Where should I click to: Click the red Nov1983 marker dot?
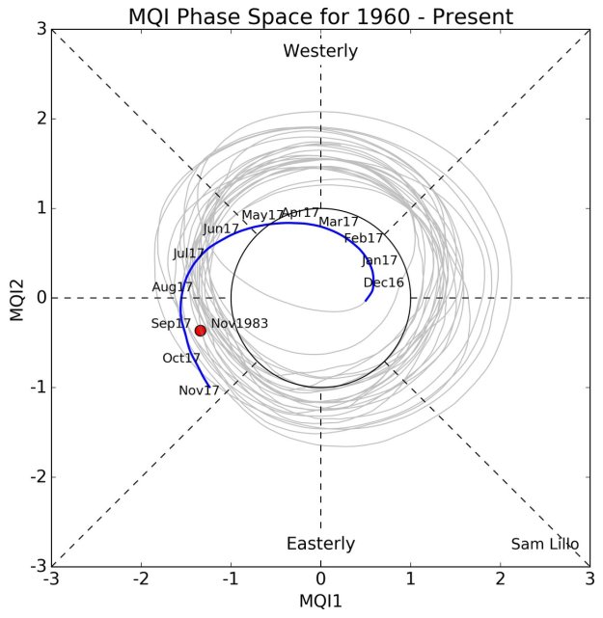[201, 331]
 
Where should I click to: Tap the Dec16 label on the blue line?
[384, 282]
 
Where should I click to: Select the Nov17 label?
[200, 390]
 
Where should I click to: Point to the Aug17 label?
[173, 287]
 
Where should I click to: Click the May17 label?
[262, 215]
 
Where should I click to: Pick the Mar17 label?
[339, 222]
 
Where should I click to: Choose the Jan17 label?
[380, 260]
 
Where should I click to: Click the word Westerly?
[320, 51]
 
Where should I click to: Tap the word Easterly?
[320, 544]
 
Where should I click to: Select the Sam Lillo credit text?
[545, 544]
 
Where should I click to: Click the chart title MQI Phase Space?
[320, 15]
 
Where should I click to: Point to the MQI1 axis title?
[320, 602]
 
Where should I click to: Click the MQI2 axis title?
[16, 298]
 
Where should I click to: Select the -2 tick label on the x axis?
[141, 580]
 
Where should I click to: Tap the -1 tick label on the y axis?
[38, 388]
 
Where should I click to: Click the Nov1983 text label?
[239, 324]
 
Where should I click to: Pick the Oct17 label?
[181, 358]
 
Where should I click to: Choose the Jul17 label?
[189, 254]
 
